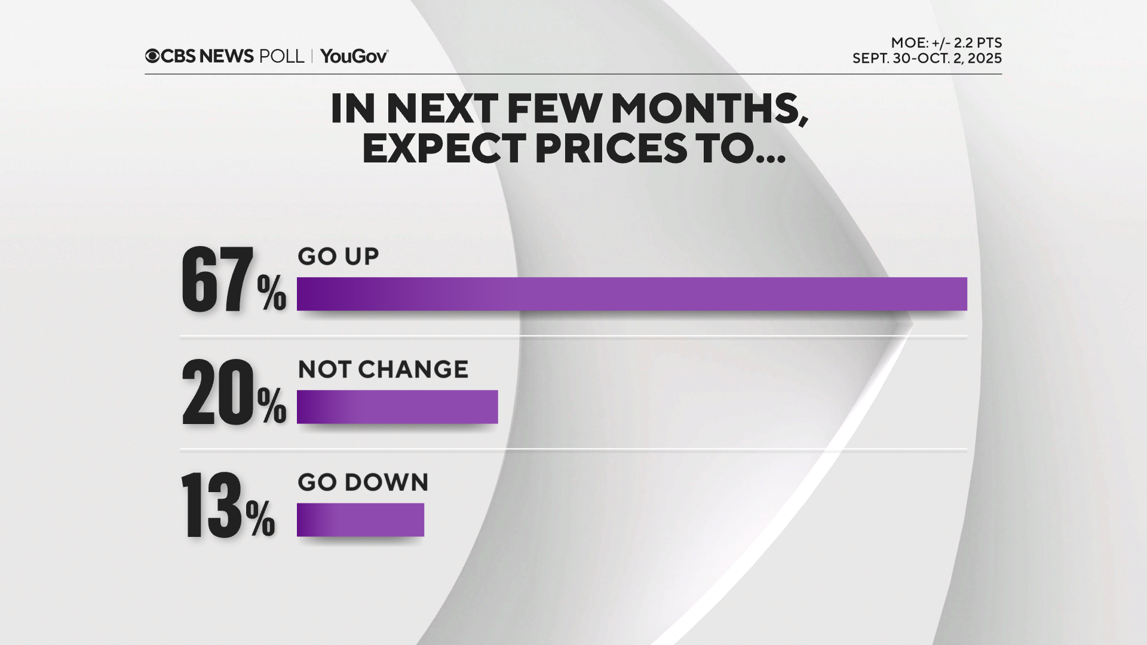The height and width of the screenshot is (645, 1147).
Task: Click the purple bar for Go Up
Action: pyautogui.click(x=631, y=294)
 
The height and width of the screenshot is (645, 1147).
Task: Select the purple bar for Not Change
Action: pyautogui.click(x=397, y=407)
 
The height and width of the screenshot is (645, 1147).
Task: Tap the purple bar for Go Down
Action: pyautogui.click(x=360, y=520)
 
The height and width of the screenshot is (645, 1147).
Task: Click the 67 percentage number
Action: pyautogui.click(x=217, y=280)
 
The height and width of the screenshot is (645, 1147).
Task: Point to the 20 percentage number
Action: pyautogui.click(x=218, y=392)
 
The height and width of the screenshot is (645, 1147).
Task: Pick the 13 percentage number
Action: pyautogui.click(x=211, y=505)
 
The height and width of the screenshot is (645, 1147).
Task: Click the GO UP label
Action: pyautogui.click(x=338, y=256)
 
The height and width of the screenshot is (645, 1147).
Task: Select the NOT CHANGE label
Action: pyautogui.click(x=383, y=370)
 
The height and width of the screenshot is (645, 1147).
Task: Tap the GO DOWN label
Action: pyautogui.click(x=363, y=483)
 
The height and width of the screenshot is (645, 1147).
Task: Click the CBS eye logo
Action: pyautogui.click(x=152, y=56)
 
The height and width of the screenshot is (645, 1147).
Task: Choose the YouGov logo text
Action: pyautogui.click(x=354, y=56)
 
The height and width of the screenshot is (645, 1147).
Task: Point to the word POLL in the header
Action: pyautogui.click(x=281, y=56)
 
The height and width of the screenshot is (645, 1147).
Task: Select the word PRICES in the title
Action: pyautogui.click(x=611, y=148)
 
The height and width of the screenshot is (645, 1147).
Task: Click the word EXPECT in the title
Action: pyautogui.click(x=444, y=148)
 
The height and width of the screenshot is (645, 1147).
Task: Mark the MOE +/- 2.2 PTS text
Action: pyautogui.click(x=946, y=43)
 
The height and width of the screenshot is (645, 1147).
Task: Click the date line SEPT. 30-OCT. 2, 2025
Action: pyautogui.click(x=927, y=59)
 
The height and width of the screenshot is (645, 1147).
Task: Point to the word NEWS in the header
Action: pyautogui.click(x=226, y=56)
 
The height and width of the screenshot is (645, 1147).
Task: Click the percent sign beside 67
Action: pyautogui.click(x=272, y=293)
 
